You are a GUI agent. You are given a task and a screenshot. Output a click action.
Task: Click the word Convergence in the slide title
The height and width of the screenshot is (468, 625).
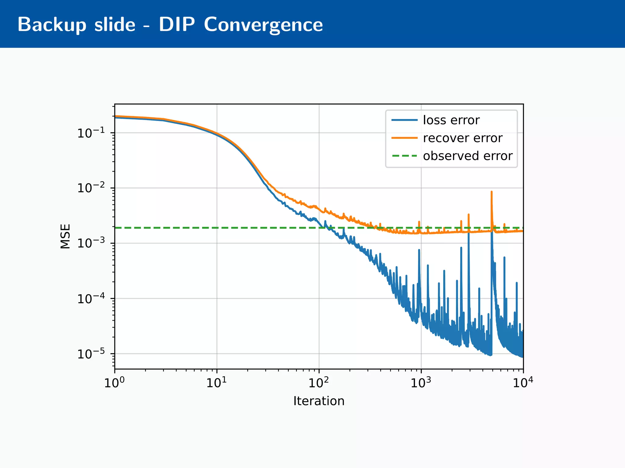[263, 24]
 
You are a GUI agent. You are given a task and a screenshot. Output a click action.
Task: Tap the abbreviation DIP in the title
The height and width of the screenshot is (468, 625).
[176, 24]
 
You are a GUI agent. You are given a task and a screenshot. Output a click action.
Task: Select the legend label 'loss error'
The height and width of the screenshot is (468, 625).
[451, 120]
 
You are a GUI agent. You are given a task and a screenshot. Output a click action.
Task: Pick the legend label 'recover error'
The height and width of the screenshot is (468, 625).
[462, 138]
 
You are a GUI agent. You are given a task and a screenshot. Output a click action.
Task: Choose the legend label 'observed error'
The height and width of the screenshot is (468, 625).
[468, 156]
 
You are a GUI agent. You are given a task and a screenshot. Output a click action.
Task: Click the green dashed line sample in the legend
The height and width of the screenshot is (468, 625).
[404, 156]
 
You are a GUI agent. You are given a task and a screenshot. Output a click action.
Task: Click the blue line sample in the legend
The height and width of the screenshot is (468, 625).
[404, 120]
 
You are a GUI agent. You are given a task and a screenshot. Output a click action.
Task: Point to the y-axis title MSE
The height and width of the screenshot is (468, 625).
[65, 236]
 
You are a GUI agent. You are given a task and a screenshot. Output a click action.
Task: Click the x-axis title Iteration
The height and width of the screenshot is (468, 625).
[319, 401]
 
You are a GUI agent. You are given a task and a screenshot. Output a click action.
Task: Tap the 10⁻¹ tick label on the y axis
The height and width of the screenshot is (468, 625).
[91, 133]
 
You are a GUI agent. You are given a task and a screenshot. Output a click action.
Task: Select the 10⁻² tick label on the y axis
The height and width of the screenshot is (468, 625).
[91, 188]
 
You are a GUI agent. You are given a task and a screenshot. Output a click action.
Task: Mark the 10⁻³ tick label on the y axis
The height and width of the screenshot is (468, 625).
[91, 243]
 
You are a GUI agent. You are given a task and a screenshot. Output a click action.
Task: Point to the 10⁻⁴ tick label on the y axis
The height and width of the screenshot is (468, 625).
[91, 299]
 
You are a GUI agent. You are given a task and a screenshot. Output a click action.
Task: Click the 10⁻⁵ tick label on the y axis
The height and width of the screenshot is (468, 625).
[91, 354]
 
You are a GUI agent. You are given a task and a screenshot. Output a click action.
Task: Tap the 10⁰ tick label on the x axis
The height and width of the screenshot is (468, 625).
[114, 383]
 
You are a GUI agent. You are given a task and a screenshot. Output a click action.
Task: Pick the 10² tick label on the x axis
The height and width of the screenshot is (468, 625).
[319, 383]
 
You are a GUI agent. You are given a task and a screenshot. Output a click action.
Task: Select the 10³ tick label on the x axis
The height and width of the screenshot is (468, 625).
[421, 383]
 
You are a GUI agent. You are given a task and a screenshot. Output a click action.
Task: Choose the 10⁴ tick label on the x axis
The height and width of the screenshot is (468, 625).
[523, 383]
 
